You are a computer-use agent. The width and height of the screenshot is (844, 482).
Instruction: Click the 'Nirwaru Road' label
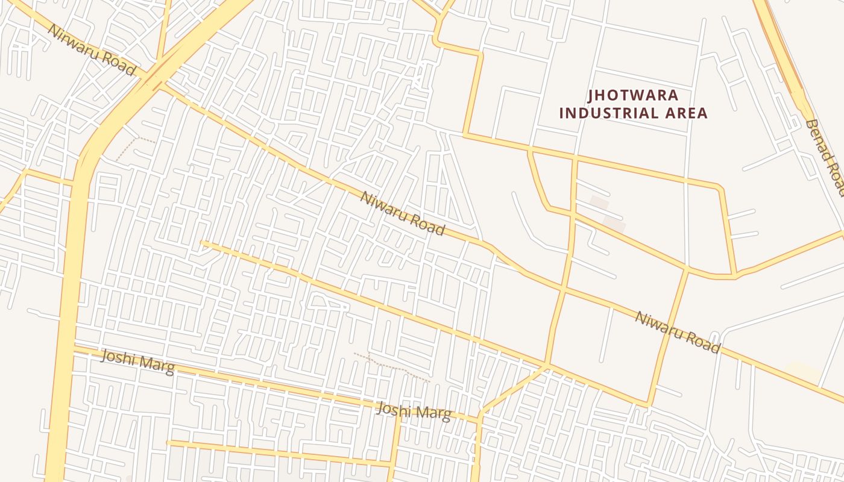tap(92, 50)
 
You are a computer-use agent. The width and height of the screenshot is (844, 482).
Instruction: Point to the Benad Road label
tap(825, 157)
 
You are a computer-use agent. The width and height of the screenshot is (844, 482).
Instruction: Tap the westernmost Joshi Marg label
tap(138, 361)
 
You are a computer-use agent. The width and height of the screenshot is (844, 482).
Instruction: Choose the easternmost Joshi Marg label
tap(414, 412)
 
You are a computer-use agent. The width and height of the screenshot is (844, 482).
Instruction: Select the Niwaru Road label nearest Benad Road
tap(678, 332)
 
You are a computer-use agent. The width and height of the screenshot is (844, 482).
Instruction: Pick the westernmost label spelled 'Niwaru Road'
tap(403, 213)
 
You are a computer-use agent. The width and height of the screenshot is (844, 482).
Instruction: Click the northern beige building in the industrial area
tap(599, 202)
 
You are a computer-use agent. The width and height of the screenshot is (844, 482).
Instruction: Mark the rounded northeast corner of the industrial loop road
tap(719, 186)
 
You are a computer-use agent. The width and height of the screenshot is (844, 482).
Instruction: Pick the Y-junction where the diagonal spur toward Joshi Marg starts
tap(547, 365)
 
